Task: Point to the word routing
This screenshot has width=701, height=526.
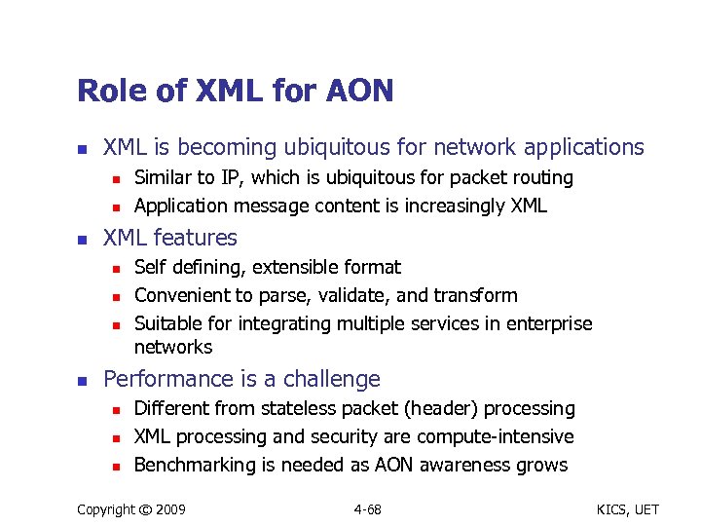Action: tap(541, 178)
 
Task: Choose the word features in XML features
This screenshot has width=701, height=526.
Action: tap(193, 238)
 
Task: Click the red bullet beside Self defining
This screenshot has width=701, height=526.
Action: tap(114, 268)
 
